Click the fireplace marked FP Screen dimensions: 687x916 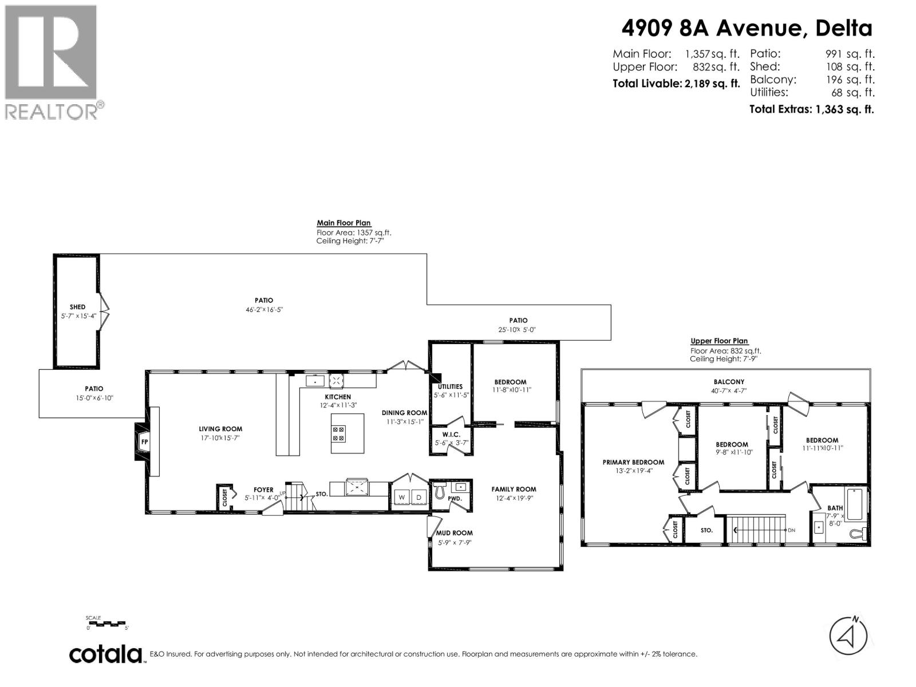click(144, 442)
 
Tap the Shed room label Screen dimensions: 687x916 click(77, 307)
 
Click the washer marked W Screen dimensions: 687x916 click(402, 498)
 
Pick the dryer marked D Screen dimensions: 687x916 click(419, 498)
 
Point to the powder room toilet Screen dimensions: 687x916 click(440, 491)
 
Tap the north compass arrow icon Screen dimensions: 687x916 click(848, 635)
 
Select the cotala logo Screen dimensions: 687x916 click(106, 654)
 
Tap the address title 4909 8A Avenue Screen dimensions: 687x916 click(747, 27)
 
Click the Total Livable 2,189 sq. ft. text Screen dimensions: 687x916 click(676, 84)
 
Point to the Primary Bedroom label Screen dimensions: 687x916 click(633, 462)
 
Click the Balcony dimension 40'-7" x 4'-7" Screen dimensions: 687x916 click(729, 391)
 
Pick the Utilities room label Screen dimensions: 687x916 click(450, 386)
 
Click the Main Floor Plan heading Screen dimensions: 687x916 click(343, 223)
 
